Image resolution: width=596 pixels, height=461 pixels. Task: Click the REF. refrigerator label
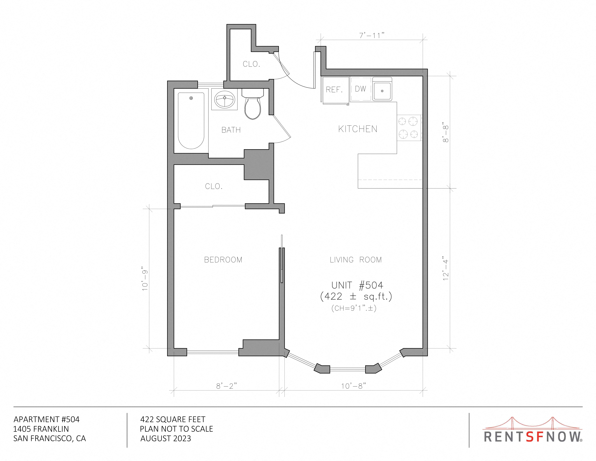click(334, 90)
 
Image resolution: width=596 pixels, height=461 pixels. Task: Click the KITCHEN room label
click(358, 129)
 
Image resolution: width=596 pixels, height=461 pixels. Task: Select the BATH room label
click(231, 130)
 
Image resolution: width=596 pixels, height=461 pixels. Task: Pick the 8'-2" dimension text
click(226, 386)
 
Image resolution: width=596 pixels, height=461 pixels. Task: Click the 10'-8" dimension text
click(353, 386)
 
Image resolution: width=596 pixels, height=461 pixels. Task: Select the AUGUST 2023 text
click(166, 439)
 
